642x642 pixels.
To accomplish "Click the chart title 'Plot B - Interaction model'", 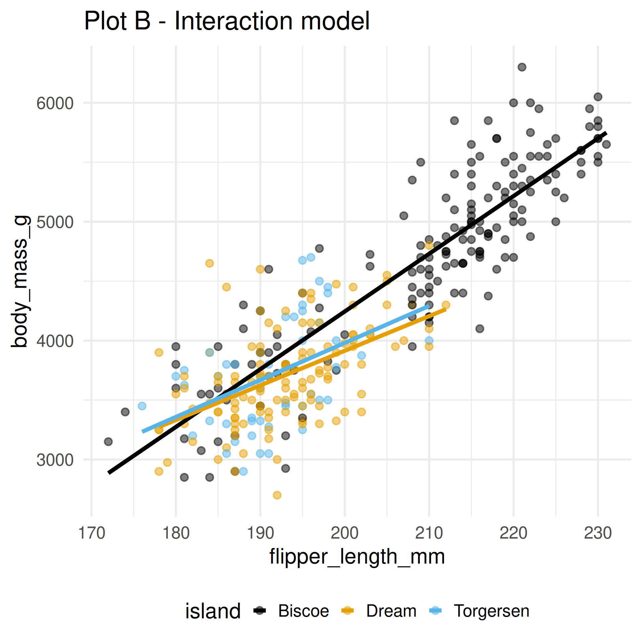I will [227, 21].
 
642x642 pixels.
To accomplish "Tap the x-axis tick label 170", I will [91, 533].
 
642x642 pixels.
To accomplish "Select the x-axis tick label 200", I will [344, 533].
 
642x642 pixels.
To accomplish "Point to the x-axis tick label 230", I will [598, 533].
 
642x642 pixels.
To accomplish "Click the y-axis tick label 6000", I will [55, 103].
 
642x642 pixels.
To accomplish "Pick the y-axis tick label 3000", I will [55, 460].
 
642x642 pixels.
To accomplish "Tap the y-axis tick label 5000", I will [55, 222].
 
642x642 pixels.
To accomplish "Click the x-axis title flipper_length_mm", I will [357, 557].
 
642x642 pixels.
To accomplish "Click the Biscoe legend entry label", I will [303, 611].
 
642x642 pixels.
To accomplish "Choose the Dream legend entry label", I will [391, 611].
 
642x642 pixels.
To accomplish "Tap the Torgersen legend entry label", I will [491, 611].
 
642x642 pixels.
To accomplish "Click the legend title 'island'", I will [213, 611].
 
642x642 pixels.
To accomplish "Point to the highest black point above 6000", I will [522, 67].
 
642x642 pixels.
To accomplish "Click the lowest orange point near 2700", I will [277, 495].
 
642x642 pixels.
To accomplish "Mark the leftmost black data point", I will [108, 442].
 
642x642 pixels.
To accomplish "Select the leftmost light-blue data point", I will [142, 406].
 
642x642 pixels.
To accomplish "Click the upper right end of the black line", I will [606, 133].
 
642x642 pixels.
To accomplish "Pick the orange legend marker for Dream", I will [348, 611].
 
